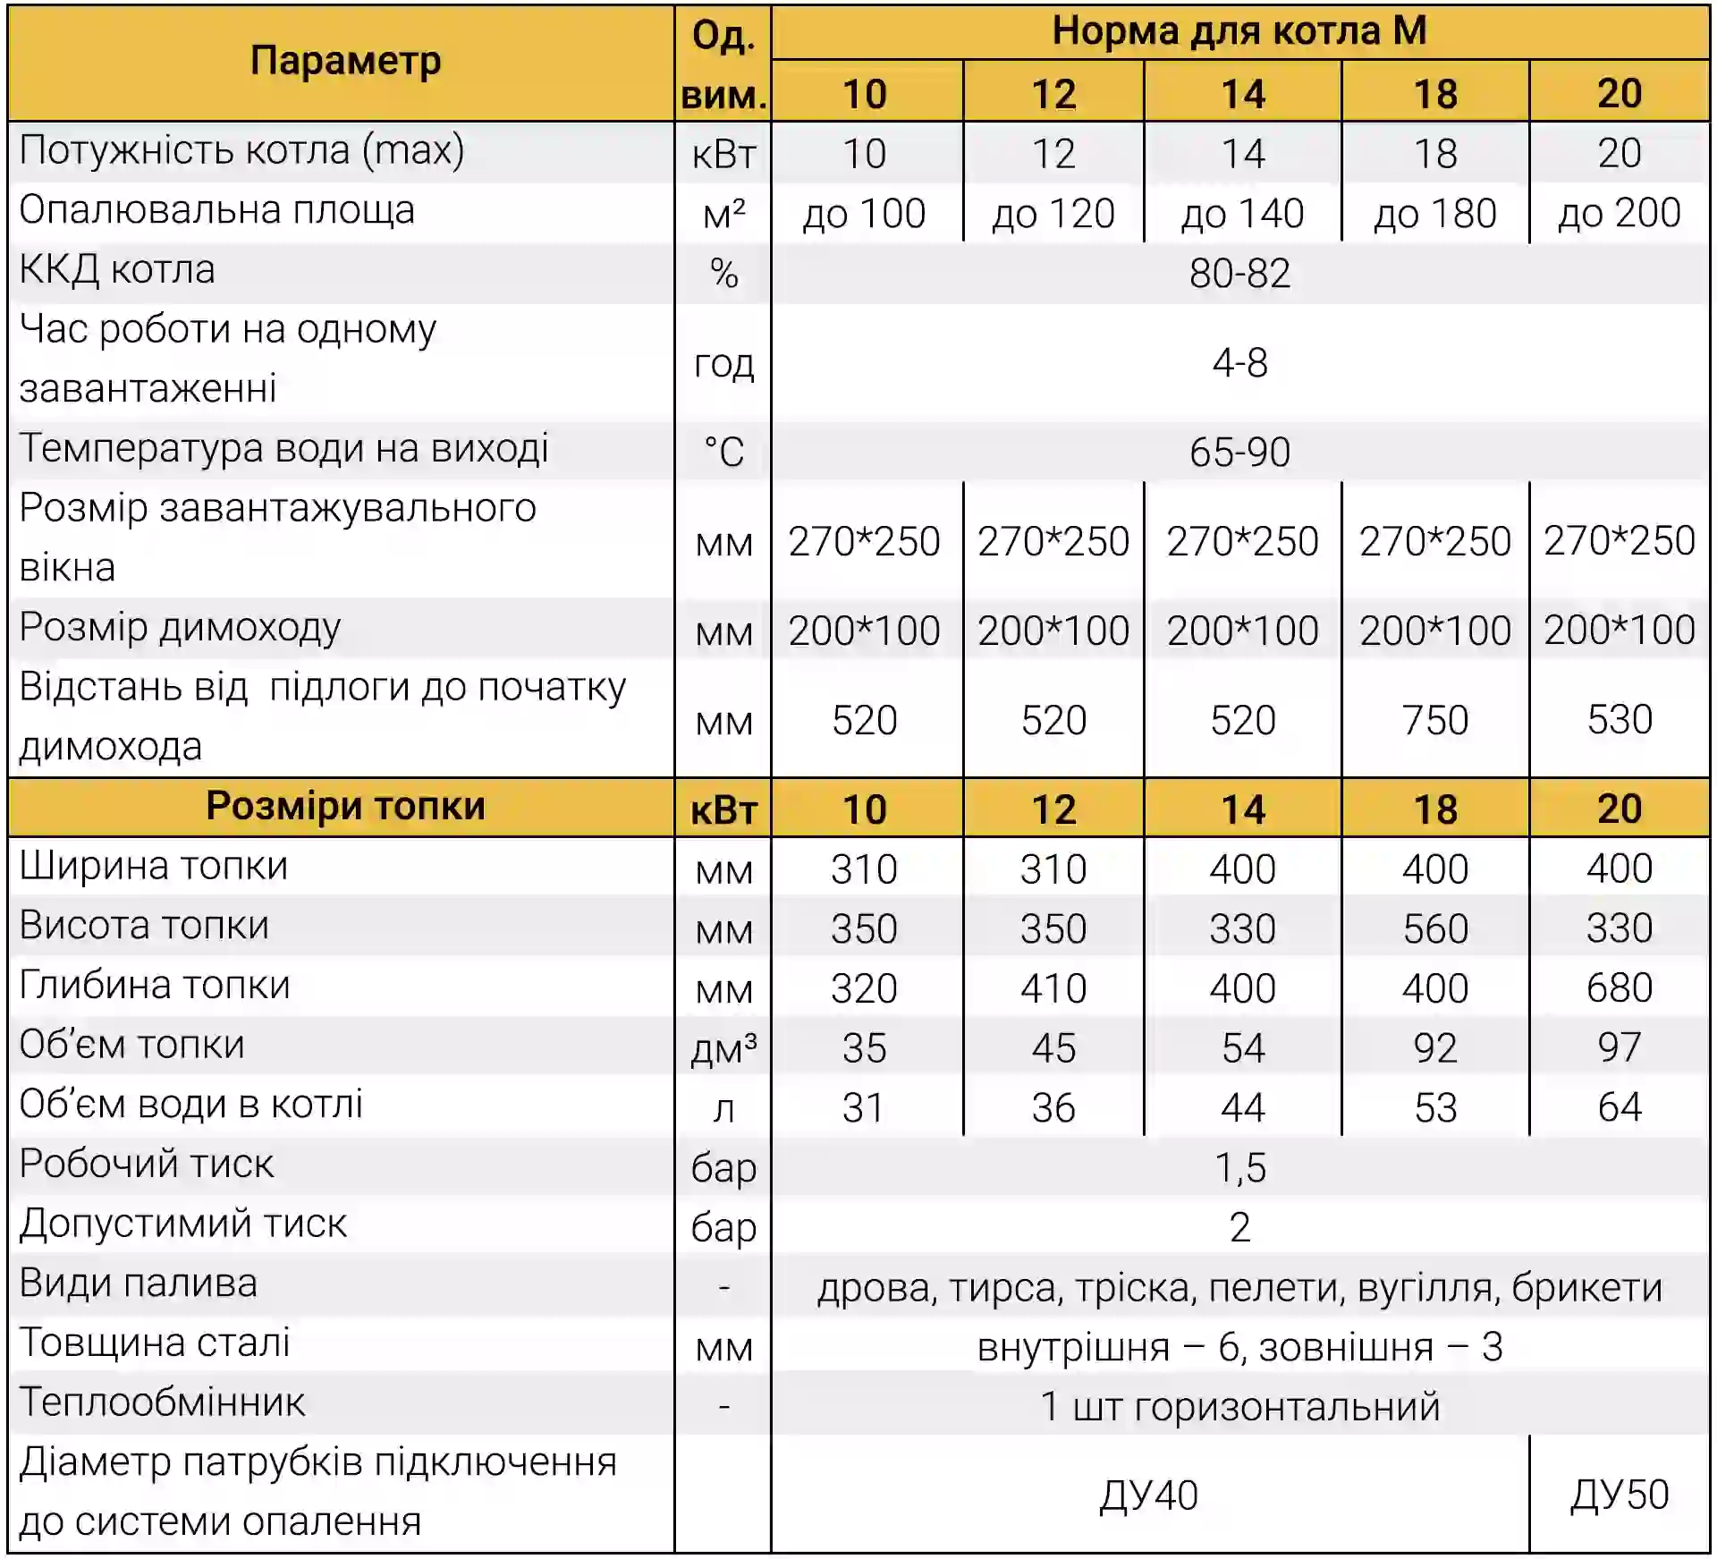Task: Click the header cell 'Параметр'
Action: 345,61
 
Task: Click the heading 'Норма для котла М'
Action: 1239,31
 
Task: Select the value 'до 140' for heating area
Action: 1242,214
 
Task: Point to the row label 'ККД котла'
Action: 117,270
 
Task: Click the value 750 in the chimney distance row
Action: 1434,720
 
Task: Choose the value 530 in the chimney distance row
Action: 1619,719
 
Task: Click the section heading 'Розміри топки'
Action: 345,806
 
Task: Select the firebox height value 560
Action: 1434,928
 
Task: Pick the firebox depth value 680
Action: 1619,987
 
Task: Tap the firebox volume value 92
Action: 1434,1047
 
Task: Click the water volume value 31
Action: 863,1107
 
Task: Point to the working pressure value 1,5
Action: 1239,1167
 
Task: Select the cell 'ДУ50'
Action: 1619,1494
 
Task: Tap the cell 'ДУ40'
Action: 1148,1495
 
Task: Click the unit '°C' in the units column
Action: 723,452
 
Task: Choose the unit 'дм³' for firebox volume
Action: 723,1048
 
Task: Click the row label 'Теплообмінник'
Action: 162,1402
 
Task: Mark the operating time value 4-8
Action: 1239,363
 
